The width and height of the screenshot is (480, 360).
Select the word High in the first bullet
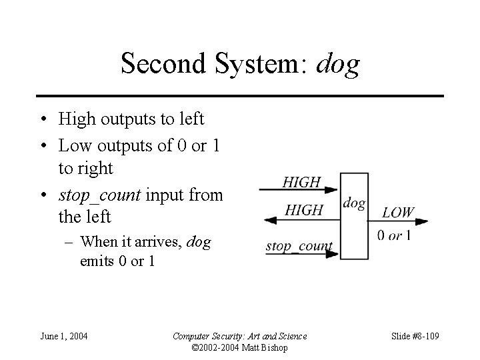[75, 119]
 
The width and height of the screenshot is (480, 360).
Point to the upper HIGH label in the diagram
[301, 182]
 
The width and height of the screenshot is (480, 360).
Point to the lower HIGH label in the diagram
[303, 211]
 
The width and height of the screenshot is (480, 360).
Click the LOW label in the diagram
[398, 213]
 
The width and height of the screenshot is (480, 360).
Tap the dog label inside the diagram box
[354, 203]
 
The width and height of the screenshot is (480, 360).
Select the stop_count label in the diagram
[299, 246]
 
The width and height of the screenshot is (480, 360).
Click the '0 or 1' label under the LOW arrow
[394, 235]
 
